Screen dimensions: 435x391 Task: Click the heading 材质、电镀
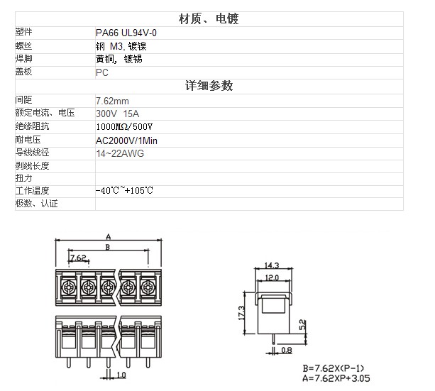(209, 19)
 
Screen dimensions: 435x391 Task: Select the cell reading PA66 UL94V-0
(126, 33)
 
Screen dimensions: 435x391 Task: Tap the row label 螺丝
(23, 45)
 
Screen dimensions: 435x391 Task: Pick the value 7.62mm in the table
(112, 101)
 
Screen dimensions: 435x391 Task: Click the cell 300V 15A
(117, 114)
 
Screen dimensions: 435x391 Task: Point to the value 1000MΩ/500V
(124, 127)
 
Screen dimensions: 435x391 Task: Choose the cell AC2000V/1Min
(126, 141)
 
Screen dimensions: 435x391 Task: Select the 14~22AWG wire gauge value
(120, 153)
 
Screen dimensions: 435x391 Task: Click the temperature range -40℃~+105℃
(124, 191)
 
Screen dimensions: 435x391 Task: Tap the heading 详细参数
(209, 86)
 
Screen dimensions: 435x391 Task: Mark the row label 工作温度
(32, 191)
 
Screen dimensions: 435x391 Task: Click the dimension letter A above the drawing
(109, 237)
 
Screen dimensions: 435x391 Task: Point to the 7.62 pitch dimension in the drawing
(78, 258)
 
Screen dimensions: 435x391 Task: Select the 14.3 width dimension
(272, 265)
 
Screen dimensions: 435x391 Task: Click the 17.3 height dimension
(241, 313)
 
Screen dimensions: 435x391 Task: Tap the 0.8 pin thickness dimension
(287, 351)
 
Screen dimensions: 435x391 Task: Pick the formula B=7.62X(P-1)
(334, 368)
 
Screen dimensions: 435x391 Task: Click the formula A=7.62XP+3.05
(336, 378)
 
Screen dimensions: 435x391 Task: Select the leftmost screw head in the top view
(69, 287)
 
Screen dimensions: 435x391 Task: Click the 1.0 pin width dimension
(121, 375)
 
